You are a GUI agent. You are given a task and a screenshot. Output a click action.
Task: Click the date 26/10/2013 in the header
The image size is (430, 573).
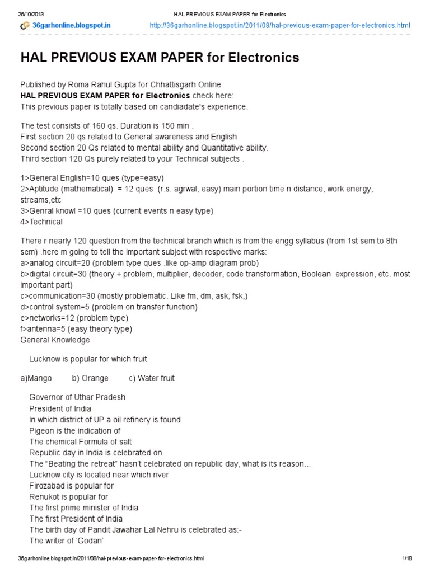(30, 13)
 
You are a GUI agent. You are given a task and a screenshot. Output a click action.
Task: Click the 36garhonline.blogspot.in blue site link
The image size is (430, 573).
(71, 26)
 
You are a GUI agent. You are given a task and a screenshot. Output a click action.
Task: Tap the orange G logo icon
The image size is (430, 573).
(25, 26)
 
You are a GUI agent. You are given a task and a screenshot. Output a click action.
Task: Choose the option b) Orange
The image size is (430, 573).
(90, 378)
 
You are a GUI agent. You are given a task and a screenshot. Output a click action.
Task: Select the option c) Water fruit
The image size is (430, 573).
(152, 378)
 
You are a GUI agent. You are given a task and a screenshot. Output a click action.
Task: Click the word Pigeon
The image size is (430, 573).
(42, 430)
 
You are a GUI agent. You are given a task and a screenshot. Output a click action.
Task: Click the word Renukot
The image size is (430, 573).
(45, 496)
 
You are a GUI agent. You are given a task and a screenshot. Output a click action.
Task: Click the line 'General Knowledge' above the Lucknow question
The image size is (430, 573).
(55, 340)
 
